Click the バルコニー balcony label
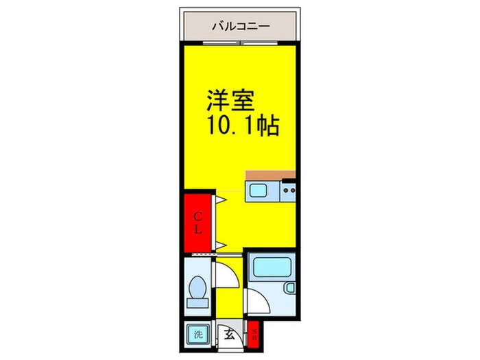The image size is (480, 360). tap(240, 26)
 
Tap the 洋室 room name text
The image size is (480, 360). tap(232, 101)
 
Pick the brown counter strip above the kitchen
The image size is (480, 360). tap(270, 174)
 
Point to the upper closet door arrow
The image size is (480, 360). tap(222, 200)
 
